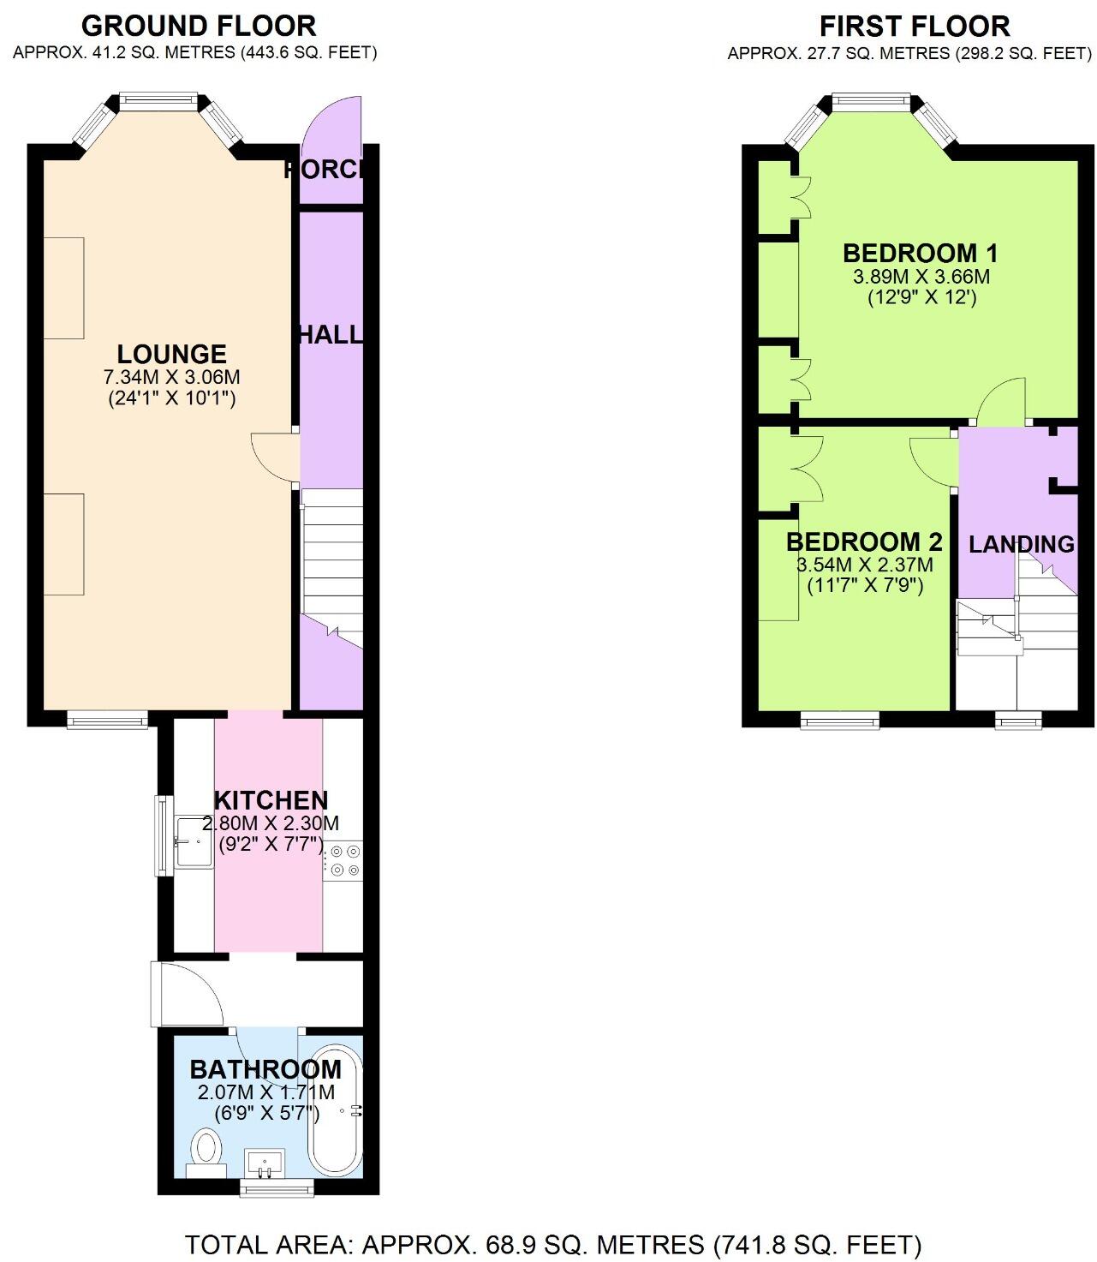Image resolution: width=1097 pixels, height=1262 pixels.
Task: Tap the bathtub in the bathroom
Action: (336, 1110)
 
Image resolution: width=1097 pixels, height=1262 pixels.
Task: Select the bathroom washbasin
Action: (265, 1163)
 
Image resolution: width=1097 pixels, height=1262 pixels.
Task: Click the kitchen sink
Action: (194, 842)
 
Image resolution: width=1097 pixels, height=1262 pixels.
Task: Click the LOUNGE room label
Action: (171, 354)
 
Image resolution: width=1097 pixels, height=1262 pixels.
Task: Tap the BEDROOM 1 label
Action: (921, 253)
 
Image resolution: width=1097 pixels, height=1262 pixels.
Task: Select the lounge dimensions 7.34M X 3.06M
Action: (171, 377)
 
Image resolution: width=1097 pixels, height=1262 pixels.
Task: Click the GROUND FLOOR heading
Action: (199, 25)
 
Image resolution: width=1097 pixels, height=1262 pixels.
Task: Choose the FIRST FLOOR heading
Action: (915, 25)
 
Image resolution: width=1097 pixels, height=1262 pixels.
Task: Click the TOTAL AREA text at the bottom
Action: (553, 1244)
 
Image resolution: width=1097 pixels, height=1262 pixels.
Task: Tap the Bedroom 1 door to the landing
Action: (1002, 403)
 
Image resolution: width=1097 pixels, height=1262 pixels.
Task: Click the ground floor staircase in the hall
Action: (332, 557)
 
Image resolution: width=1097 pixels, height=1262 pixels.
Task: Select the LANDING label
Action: (1021, 544)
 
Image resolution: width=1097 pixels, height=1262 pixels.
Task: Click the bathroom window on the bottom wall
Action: (277, 1187)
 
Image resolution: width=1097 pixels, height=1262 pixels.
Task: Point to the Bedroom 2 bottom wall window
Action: (839, 721)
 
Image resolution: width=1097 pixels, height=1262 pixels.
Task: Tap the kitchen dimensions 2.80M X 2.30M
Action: (271, 823)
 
